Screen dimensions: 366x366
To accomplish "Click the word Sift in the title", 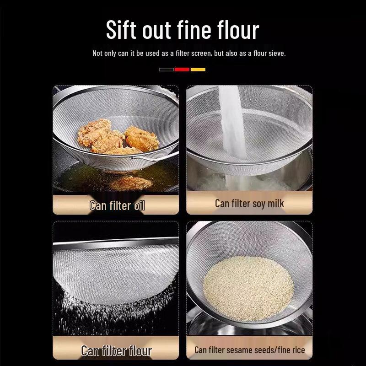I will [x=120, y=30].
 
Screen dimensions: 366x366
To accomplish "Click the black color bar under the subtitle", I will [x=166, y=70].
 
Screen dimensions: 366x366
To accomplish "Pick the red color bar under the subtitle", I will [x=182, y=70].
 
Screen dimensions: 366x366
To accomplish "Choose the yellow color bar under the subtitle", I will [x=198, y=70].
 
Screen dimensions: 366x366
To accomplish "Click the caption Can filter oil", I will [x=117, y=205].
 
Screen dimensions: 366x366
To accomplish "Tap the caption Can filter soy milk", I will [x=249, y=204].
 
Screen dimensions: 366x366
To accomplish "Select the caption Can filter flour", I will [x=116, y=351].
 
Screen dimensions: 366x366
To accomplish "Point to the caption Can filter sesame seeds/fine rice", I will [x=249, y=350].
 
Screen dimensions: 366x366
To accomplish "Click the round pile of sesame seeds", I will [x=248, y=282].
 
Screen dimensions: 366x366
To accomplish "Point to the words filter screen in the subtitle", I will [x=193, y=54].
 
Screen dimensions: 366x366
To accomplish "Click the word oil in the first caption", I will [x=139, y=205].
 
